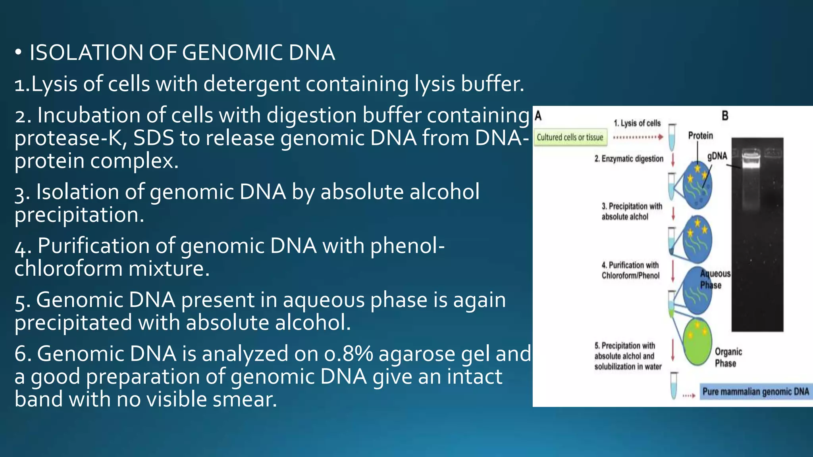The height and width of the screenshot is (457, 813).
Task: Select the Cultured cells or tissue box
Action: [570, 137]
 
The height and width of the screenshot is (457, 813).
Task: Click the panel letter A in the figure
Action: [538, 116]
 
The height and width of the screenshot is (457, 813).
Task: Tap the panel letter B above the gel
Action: [725, 116]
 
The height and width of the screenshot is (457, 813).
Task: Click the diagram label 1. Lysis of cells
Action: [637, 123]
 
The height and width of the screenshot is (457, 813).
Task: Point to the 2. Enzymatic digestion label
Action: [629, 159]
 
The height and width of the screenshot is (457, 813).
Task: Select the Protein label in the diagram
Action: [700, 136]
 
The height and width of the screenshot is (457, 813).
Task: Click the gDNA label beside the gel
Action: [717, 156]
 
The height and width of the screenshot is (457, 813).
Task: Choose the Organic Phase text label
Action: [728, 357]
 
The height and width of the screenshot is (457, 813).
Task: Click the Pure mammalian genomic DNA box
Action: [755, 392]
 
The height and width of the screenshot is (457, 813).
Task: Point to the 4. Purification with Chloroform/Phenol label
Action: [630, 270]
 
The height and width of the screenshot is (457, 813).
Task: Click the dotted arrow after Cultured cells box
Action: [638, 137]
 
